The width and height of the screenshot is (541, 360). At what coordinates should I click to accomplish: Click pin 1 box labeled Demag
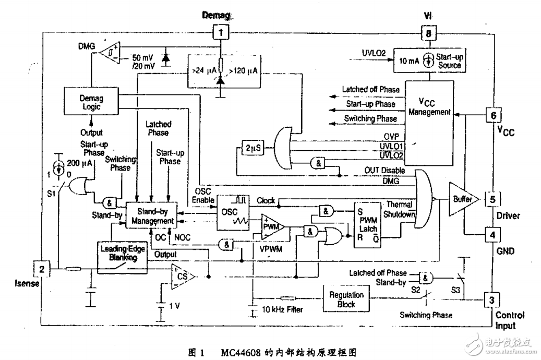coord(221,33)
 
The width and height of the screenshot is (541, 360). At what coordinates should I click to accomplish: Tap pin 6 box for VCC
coord(491,114)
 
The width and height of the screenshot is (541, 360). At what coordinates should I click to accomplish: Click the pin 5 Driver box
coord(491,199)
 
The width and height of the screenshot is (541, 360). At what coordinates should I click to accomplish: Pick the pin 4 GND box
coord(491,233)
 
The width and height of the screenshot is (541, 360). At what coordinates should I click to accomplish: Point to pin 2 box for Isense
coord(41,269)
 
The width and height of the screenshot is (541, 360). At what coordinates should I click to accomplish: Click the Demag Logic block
coord(91,102)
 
